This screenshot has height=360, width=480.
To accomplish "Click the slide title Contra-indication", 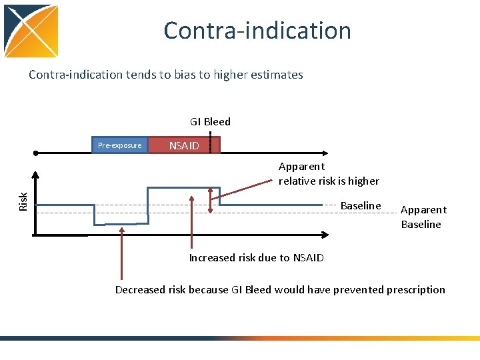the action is tap(257, 31).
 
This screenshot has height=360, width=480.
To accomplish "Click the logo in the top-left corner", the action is tap(31, 31).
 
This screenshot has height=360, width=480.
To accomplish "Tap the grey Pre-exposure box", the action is tap(120, 145).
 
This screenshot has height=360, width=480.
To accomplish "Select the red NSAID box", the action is tap(183, 145).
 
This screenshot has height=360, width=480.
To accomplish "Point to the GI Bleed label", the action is tap(210, 121).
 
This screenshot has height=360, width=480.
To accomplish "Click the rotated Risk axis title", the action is tap(23, 201).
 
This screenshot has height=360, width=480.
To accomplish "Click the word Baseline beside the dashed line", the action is tap(361, 205).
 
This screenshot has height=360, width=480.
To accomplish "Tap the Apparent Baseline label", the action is tap(423, 217).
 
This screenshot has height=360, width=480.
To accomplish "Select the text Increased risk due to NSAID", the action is tap(256, 257).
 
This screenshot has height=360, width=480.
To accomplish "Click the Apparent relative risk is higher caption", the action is tap(329, 173).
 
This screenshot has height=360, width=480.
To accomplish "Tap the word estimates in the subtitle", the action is tap(277, 75).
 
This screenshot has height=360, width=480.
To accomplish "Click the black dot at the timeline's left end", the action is tap(36, 153).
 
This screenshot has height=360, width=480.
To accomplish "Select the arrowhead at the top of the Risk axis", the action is tap(36, 175).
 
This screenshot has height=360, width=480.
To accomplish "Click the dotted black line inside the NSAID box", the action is tap(211, 144).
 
